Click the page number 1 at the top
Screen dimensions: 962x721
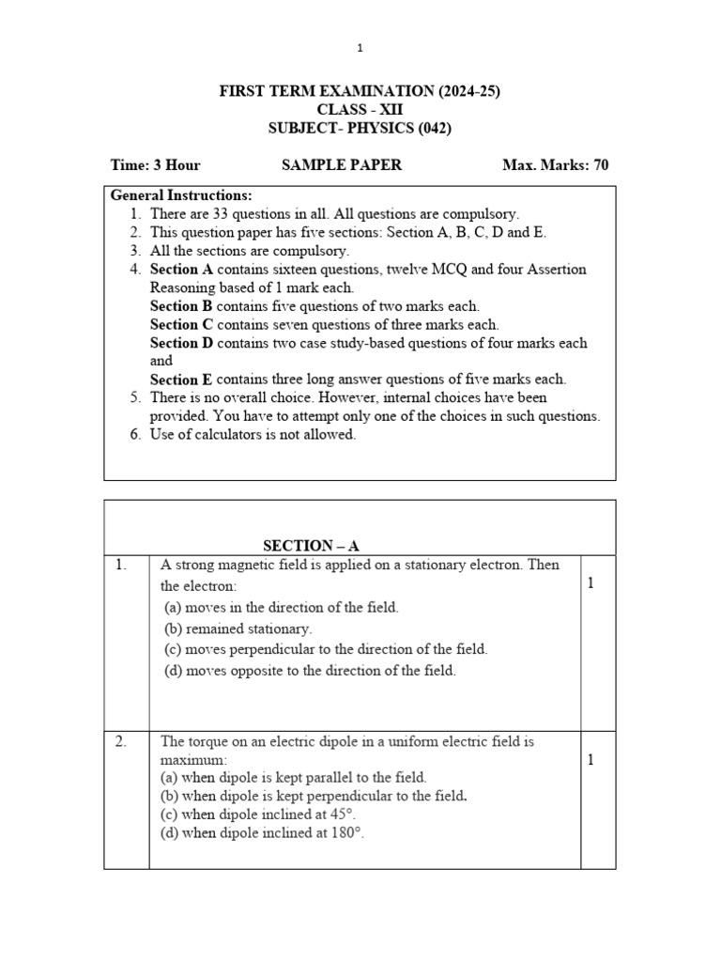coord(359,48)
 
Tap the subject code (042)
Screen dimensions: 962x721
coord(433,129)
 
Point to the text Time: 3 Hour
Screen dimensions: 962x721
coord(155,165)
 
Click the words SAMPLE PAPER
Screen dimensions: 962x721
coord(342,165)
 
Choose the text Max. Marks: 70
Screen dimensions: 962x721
coord(556,165)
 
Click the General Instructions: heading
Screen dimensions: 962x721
coord(181,195)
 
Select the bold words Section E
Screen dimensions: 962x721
coord(181,380)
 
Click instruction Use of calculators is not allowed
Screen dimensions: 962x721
coord(253,435)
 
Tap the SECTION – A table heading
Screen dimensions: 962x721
coord(312,546)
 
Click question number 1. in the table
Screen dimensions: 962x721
coord(121,566)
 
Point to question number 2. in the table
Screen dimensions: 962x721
coord(121,742)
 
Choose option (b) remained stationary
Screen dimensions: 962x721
coord(238,628)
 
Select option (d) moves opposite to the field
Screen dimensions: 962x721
coord(309,671)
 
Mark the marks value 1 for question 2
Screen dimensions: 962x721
coord(591,760)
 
